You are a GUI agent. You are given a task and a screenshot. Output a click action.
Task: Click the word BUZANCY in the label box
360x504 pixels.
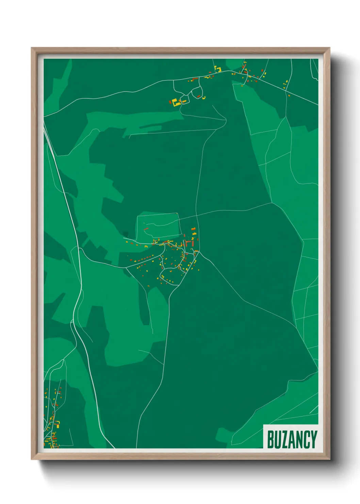pos(292,439)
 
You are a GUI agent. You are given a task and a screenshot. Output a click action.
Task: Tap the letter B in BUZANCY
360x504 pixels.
pos(271,439)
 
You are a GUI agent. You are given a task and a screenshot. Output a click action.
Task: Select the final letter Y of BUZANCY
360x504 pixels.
pos(313,439)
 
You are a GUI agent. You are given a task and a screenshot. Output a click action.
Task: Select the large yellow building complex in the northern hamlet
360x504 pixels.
pos(176,102)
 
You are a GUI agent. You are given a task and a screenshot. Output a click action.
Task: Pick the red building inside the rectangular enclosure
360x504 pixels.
pos(146,229)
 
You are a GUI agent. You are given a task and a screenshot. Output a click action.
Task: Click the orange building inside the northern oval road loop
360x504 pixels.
pos(198,96)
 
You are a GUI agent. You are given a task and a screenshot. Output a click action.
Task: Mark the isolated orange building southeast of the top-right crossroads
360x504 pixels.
pos(289,96)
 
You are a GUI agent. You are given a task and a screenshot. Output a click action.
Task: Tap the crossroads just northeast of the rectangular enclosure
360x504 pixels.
pos(197,215)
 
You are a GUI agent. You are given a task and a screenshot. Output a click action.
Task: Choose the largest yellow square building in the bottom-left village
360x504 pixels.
pos(57,423)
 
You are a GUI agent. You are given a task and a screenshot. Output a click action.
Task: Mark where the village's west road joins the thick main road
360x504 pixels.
pos(79,248)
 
